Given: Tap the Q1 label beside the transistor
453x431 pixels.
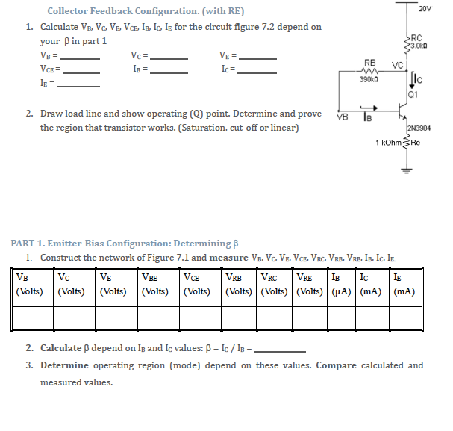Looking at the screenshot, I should [x=413, y=96].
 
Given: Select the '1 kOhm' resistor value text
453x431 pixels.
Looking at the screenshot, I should [x=390, y=142].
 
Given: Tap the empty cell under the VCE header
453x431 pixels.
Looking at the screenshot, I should [x=202, y=318].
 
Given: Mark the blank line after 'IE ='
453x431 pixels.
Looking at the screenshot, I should [x=79, y=85].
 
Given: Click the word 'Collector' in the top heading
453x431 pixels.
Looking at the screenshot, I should [x=69, y=11].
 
